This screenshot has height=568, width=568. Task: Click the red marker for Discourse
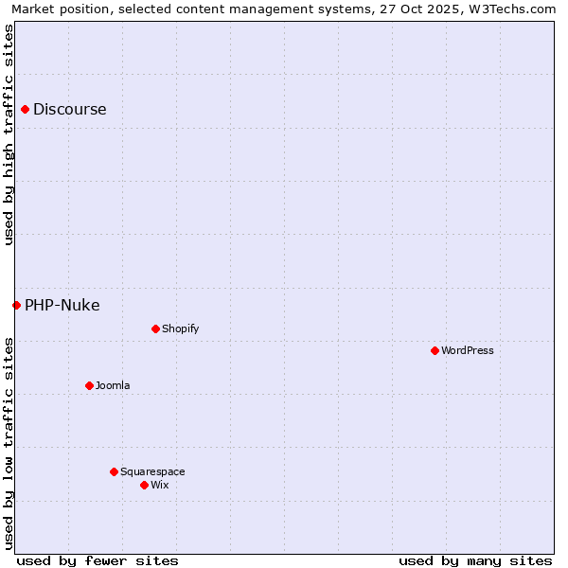(25, 109)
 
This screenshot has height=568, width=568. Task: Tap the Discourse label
(69, 109)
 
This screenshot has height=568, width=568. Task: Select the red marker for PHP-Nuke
(16, 305)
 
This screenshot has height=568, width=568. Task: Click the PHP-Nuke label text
(62, 305)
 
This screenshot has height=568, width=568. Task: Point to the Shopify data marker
(155, 328)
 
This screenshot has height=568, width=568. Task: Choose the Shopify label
(180, 328)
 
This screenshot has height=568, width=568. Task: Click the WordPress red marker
(435, 350)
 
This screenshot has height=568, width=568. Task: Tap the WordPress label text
(467, 350)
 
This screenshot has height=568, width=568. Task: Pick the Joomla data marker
(89, 385)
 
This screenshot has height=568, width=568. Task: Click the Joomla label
(113, 385)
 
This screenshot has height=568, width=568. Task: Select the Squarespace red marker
(114, 471)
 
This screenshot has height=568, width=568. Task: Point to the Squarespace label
(152, 471)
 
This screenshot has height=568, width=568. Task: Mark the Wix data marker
(144, 485)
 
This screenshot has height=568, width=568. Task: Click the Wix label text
(159, 485)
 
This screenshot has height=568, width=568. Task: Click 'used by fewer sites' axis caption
(98, 560)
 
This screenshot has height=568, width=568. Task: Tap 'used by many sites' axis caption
(475, 560)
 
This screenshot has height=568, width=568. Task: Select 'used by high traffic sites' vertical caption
(9, 134)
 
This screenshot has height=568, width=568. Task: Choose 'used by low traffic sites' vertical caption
(9, 443)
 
